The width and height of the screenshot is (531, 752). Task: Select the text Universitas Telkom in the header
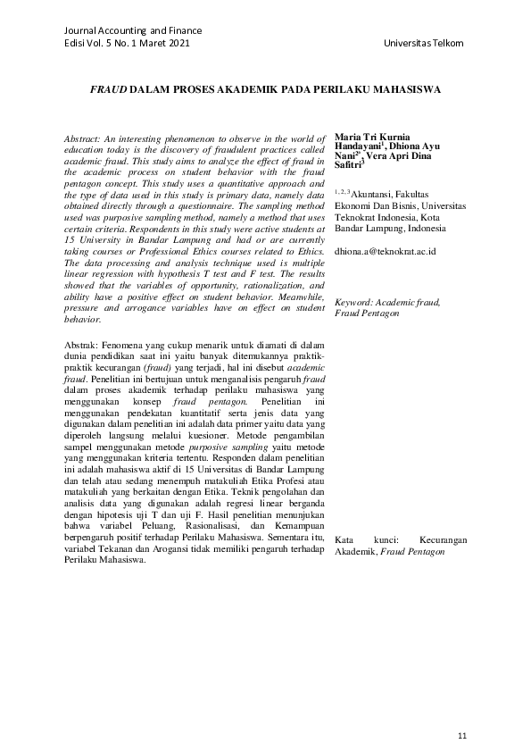[x=424, y=44]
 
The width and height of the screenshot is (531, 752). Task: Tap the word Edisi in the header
[x=77, y=44]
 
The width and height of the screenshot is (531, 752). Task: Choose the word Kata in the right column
[x=345, y=541]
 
